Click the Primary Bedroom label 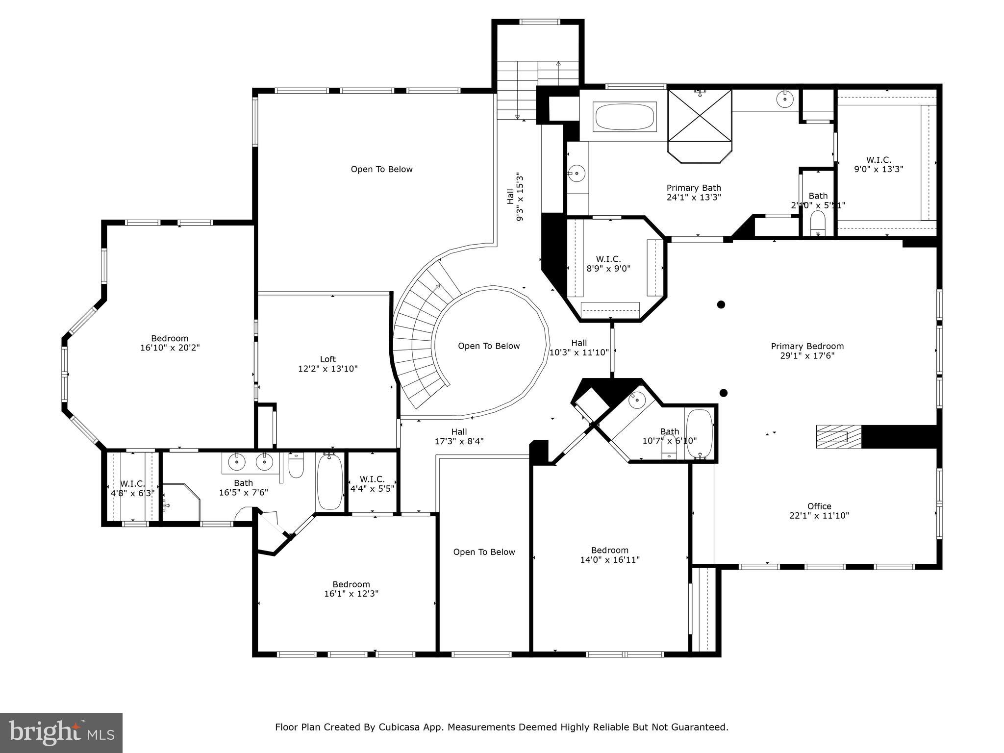pos(807,347)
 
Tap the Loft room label pos(328,359)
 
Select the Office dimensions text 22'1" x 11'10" pos(819,516)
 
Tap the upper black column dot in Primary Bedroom pos(721,304)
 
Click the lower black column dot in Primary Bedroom pos(723,393)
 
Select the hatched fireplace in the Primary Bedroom pos(838,436)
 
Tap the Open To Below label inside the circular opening pos(488,346)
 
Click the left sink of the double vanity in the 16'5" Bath pos(237,461)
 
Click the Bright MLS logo pos(61,732)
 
